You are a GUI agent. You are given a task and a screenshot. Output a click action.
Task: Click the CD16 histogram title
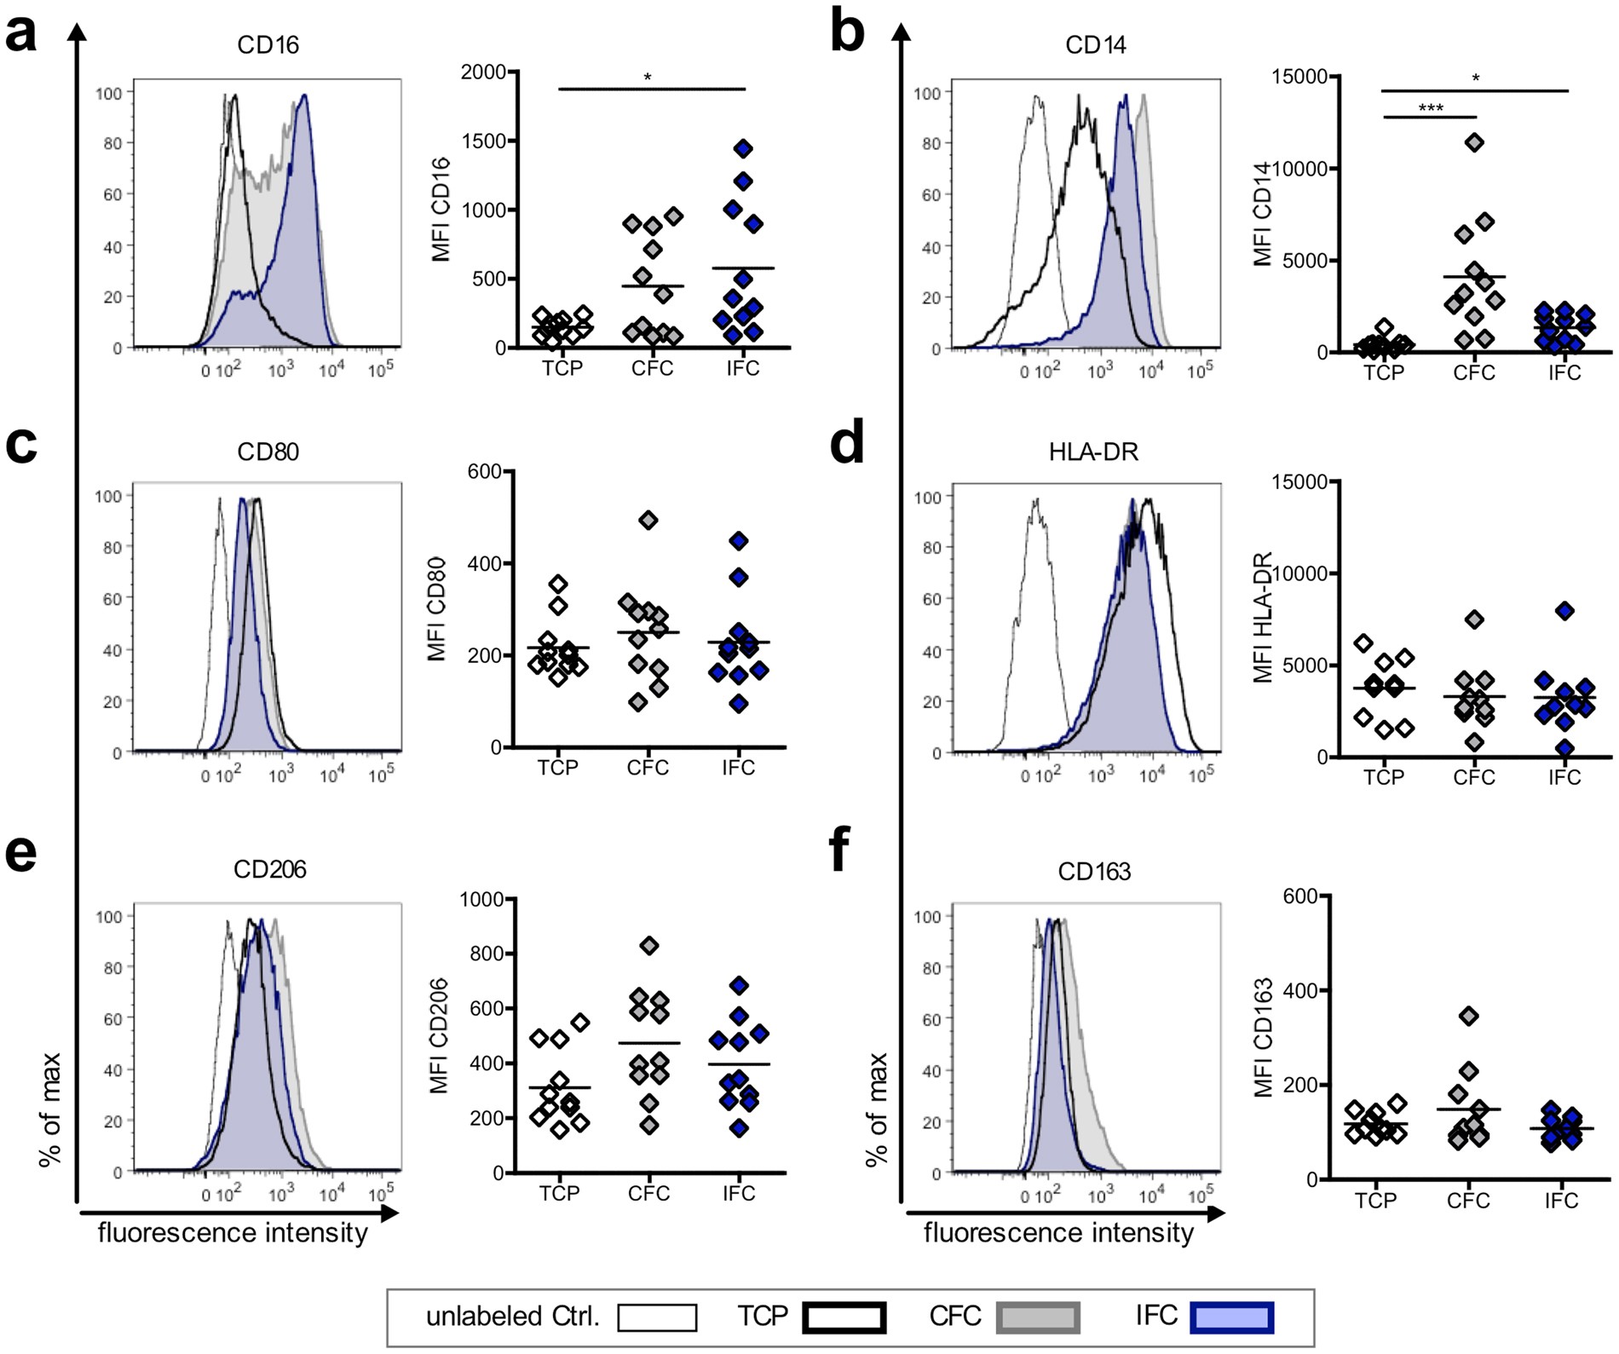click(x=268, y=44)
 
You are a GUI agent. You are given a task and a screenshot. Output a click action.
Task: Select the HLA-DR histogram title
click(x=1093, y=452)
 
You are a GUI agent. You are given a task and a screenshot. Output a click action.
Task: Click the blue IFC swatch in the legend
click(x=1232, y=1317)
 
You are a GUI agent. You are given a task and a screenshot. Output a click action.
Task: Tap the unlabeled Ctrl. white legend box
click(x=657, y=1317)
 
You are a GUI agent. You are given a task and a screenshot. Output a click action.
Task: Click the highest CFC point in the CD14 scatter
click(x=1475, y=142)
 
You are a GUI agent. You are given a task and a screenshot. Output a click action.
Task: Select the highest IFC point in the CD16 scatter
click(x=743, y=149)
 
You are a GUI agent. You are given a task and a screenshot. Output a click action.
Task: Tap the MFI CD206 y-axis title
click(x=439, y=1035)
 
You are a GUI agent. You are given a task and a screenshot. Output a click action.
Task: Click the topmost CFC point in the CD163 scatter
click(x=1469, y=1016)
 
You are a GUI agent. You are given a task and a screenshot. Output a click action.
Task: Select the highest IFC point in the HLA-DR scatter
click(x=1564, y=611)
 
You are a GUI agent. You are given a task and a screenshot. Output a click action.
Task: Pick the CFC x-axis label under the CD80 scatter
click(x=648, y=769)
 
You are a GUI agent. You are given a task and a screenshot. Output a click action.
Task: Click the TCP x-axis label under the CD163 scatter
click(x=1376, y=1201)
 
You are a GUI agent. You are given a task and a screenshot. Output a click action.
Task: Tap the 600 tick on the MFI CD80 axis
click(x=484, y=471)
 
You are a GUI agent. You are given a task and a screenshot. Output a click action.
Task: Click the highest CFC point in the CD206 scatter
click(x=649, y=946)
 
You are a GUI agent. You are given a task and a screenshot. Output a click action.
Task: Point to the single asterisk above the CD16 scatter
click(x=648, y=78)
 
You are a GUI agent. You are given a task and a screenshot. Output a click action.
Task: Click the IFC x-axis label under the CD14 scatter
click(x=1564, y=373)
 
